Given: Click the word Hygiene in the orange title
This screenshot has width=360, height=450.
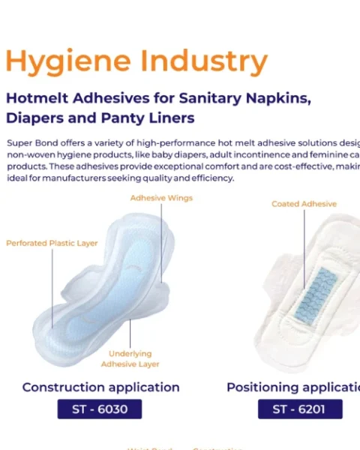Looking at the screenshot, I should pyautogui.click(x=58, y=62).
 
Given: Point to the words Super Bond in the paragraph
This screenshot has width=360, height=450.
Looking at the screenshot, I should pyautogui.click(x=30, y=142).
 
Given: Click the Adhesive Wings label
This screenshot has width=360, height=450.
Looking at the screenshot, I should pyautogui.click(x=161, y=198).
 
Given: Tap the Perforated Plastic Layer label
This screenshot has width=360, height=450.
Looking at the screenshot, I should pyautogui.click(x=52, y=243).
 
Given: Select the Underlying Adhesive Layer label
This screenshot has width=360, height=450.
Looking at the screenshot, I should pyautogui.click(x=130, y=358).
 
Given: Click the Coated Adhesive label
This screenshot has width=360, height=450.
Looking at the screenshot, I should pyautogui.click(x=304, y=204).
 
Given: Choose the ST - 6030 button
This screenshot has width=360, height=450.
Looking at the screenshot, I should pyautogui.click(x=100, y=409).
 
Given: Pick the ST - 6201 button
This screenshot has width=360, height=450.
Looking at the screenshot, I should pyautogui.click(x=300, y=409).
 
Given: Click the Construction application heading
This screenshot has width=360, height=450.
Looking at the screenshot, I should pyautogui.click(x=100, y=388).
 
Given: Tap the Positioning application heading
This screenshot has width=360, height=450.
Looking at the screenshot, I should pyautogui.click(x=293, y=388).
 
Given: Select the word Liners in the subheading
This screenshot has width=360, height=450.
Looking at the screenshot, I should pyautogui.click(x=172, y=118).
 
